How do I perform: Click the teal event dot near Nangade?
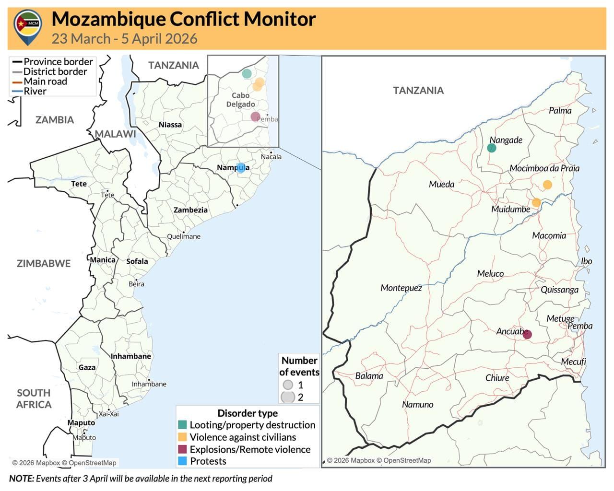pyautogui.click(x=491, y=148)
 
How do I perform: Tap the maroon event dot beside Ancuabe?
pyautogui.click(x=527, y=334)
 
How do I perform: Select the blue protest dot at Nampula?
pyautogui.click(x=240, y=167)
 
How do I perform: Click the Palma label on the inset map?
pyautogui.click(x=560, y=111)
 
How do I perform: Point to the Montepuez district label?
pyautogui.click(x=401, y=288)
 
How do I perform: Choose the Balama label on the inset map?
pyautogui.click(x=369, y=376)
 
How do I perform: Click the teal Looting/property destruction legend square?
pyautogui.click(x=182, y=425)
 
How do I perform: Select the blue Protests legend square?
pyautogui.click(x=182, y=461)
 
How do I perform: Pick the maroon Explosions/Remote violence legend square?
pyautogui.click(x=182, y=449)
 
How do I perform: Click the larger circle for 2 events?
pyautogui.click(x=288, y=397)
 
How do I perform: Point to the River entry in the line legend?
pyautogui.click(x=35, y=91)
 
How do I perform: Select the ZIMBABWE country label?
pyautogui.click(x=44, y=263)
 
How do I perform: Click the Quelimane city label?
pyautogui.click(x=184, y=236)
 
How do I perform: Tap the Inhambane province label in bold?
pyautogui.click(x=131, y=356)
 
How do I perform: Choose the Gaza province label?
pyautogui.click(x=87, y=367)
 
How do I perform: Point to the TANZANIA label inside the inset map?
pyautogui.click(x=418, y=90)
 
